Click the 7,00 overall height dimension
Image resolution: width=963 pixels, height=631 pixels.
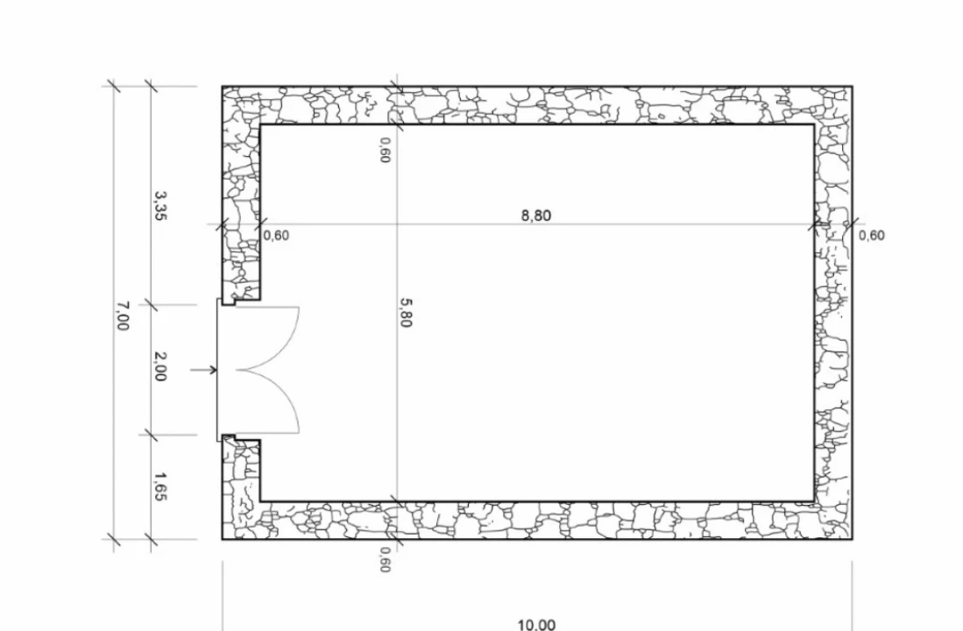pos(123,315)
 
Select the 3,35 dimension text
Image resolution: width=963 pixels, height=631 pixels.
pos(160,206)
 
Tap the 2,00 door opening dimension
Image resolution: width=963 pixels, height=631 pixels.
pos(159,366)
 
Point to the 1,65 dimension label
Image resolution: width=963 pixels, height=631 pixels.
pos(160,486)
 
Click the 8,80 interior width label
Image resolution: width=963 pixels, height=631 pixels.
pos(536,216)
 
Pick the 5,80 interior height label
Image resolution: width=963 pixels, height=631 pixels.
pos(405,313)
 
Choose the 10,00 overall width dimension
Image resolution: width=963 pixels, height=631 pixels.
pos(537,625)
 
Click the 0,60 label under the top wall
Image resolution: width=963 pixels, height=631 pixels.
pos(385,150)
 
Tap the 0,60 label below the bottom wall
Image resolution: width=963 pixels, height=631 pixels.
pos(385,560)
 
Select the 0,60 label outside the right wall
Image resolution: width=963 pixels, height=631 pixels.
pos(872,236)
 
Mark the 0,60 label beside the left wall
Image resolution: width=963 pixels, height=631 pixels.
pos(276,236)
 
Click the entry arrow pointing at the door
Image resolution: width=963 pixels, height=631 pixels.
pos(204,370)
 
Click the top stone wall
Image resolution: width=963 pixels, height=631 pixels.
pos(537,106)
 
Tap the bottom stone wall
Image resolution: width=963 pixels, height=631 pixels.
pos(537,521)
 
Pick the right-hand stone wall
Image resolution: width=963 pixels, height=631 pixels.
pos(833,314)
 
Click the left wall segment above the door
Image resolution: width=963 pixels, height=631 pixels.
pos(241,194)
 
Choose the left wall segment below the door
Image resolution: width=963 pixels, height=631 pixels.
pos(241,488)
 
